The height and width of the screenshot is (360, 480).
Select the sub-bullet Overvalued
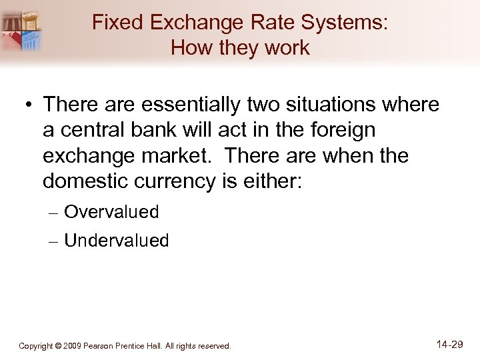(x=111, y=213)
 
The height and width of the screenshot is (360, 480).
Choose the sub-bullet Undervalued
(x=117, y=241)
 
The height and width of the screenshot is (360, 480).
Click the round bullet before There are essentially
(x=28, y=105)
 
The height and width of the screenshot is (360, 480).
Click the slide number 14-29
(x=451, y=345)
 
